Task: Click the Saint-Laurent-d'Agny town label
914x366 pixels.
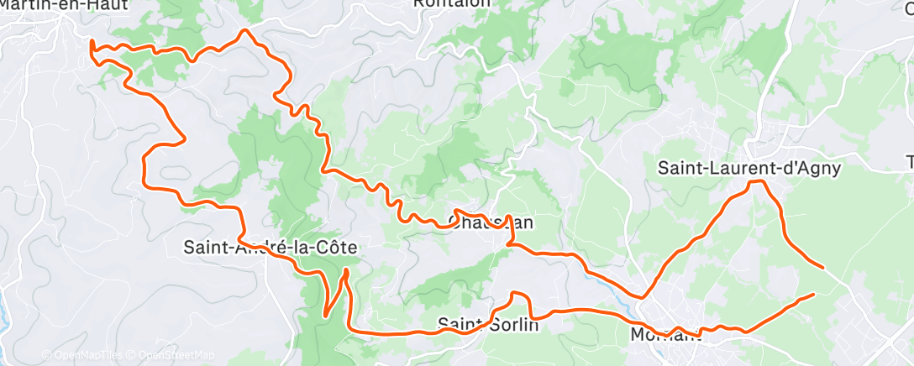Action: tap(749, 168)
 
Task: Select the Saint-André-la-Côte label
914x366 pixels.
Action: tap(271, 248)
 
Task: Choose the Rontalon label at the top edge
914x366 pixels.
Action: tap(451, 4)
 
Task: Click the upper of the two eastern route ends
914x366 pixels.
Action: tap(822, 267)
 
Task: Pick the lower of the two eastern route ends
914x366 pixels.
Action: tap(813, 295)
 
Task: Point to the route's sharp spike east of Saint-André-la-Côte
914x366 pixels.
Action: tap(346, 271)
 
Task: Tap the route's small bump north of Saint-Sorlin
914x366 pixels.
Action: tap(518, 294)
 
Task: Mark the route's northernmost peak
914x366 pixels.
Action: tap(245, 31)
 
